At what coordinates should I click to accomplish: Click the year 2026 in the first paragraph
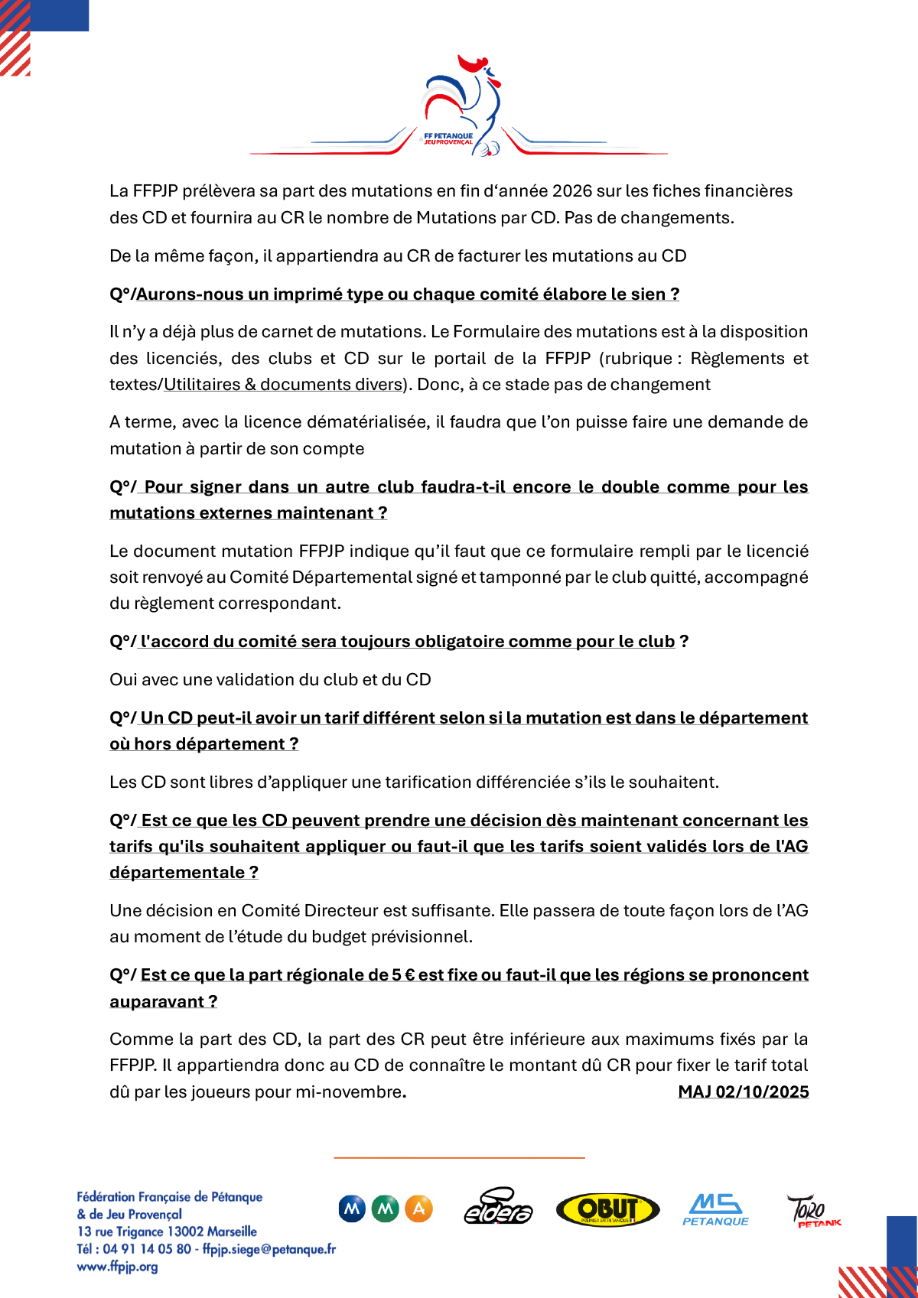click(573, 191)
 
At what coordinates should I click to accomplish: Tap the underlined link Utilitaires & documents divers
click(283, 385)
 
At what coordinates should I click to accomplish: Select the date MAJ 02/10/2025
click(743, 1091)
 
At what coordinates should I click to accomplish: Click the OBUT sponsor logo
click(607, 1209)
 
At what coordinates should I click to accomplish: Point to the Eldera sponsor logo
click(498, 1208)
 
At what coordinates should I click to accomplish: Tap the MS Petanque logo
click(715, 1209)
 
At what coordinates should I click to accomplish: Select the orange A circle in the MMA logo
click(418, 1209)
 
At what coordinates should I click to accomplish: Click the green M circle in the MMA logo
click(386, 1209)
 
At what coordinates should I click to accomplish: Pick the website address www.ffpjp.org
click(117, 1267)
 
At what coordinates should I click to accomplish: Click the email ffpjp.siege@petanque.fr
click(269, 1249)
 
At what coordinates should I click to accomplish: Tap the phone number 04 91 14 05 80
click(147, 1249)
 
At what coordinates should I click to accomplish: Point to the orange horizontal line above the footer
click(459, 1158)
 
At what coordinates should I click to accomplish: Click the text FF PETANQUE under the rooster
click(448, 136)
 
